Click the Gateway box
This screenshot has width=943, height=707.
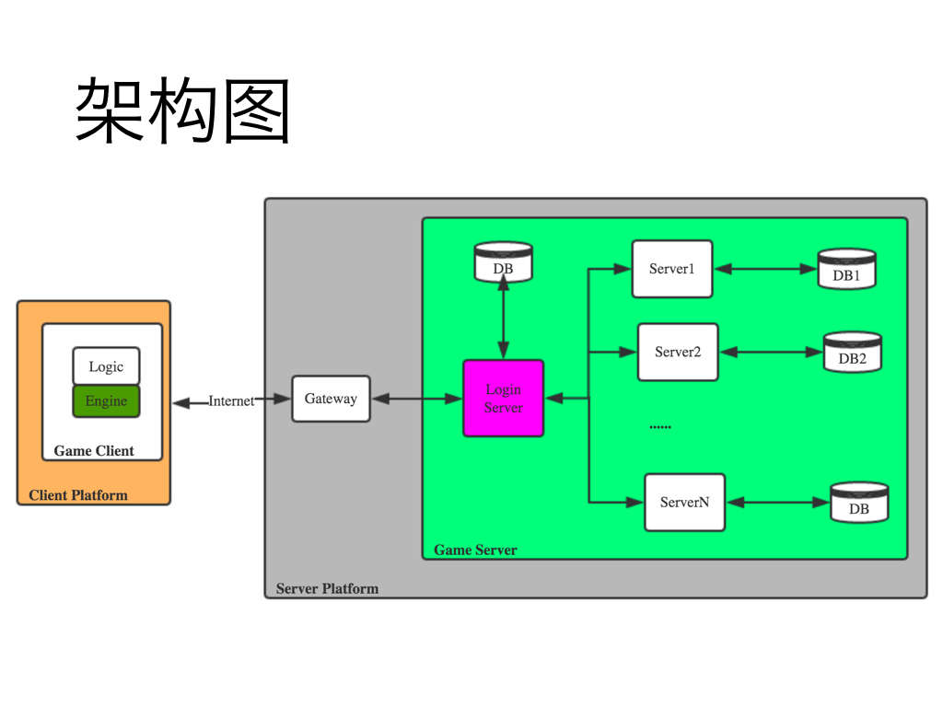pos(331,399)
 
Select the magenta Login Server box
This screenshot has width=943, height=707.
pos(503,399)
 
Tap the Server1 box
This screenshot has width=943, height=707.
pos(671,269)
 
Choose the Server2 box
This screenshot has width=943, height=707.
pos(678,352)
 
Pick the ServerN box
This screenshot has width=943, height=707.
pos(684,502)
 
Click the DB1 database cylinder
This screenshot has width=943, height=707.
pos(846,269)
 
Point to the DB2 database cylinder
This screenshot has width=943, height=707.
pos(852,352)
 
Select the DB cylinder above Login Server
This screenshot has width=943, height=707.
pos(503,262)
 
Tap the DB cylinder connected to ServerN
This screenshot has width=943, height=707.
pos(858,503)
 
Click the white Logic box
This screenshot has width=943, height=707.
pos(106,366)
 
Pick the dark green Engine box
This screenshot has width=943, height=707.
pos(106,401)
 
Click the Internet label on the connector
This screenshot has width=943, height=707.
pos(231,400)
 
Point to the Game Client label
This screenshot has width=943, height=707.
pos(94,451)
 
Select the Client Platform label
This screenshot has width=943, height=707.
pos(78,495)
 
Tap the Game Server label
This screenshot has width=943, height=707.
pos(475,551)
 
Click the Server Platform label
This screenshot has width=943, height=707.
pos(327,589)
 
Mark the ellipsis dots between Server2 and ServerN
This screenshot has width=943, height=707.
pos(660,427)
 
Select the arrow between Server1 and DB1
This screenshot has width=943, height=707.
pos(765,269)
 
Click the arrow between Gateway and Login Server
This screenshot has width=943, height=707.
pos(416,399)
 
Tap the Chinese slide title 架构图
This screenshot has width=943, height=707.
pos(183,111)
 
